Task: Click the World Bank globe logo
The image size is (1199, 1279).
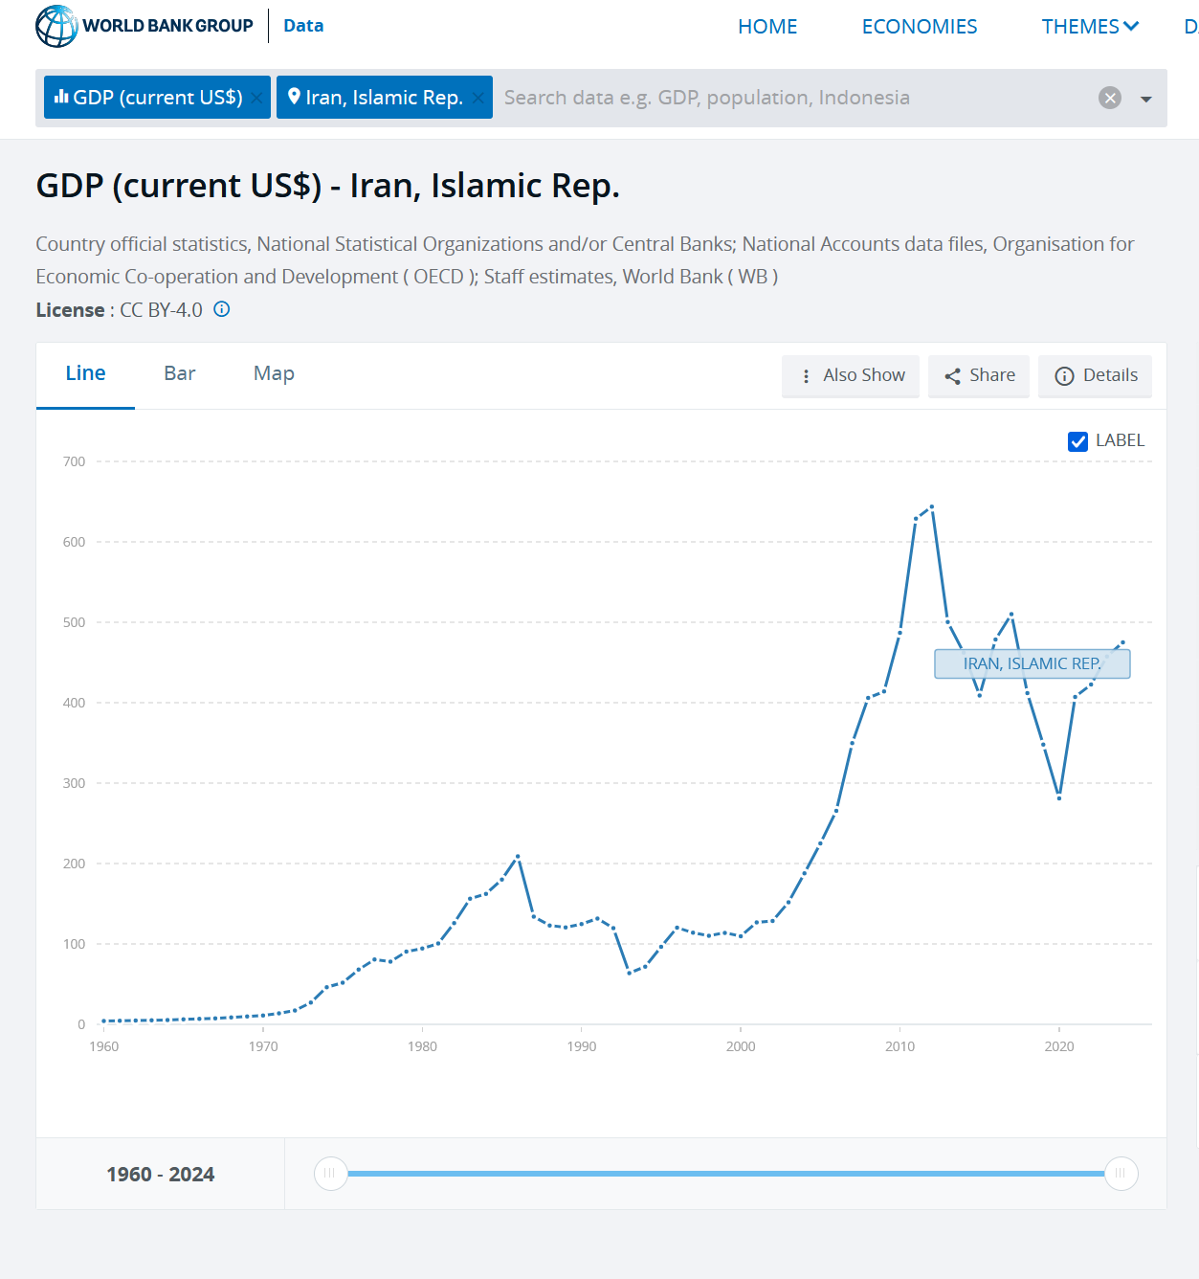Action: (x=56, y=26)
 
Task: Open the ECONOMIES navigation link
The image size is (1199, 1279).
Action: (x=919, y=27)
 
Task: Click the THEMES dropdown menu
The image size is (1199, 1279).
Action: (x=1089, y=27)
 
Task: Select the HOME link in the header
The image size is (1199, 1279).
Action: (x=767, y=27)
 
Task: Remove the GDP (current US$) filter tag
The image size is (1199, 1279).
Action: (x=256, y=98)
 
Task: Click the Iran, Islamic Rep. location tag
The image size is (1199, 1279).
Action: (x=375, y=98)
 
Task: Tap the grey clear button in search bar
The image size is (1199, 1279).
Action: (x=1109, y=98)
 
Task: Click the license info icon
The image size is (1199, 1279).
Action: (x=222, y=309)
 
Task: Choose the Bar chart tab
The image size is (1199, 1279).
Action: (x=180, y=373)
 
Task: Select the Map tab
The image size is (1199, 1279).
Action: (x=274, y=373)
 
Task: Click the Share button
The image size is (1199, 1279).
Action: (x=979, y=375)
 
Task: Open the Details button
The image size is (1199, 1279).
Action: (x=1095, y=375)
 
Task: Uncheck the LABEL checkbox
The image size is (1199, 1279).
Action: (x=1078, y=441)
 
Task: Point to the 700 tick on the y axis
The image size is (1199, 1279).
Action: (x=74, y=461)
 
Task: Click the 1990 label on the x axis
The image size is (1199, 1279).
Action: (x=582, y=1046)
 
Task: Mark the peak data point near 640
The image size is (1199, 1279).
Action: (x=931, y=507)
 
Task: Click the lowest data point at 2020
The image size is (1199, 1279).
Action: (x=1059, y=797)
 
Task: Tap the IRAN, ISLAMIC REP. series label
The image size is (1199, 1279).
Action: (x=1032, y=663)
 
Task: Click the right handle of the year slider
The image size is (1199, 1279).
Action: (x=1121, y=1174)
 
